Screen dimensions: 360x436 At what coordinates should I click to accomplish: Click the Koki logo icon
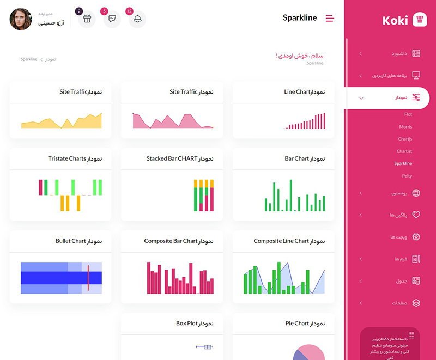click(420, 20)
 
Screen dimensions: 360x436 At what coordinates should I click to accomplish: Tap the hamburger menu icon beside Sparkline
click(330, 18)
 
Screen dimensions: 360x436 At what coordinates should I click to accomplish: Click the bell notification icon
click(137, 19)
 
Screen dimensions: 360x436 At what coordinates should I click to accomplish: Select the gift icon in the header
click(87, 19)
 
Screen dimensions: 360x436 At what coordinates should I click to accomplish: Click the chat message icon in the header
click(112, 19)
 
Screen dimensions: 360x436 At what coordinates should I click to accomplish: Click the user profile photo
click(21, 19)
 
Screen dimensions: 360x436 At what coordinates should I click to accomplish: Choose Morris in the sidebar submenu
click(405, 127)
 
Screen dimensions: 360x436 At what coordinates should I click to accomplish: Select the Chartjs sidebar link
click(405, 139)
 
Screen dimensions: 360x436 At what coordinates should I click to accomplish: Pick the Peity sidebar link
click(407, 176)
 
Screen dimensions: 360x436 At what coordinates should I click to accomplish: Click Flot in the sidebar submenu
click(408, 114)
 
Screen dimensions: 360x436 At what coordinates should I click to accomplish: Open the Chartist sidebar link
click(404, 151)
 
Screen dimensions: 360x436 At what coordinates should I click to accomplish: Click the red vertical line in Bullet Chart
click(88, 278)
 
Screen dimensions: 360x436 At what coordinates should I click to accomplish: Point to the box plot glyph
click(204, 346)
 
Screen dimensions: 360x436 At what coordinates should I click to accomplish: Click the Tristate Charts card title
click(75, 158)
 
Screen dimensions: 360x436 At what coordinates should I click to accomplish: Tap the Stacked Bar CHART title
click(179, 158)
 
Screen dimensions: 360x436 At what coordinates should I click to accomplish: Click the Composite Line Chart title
click(289, 241)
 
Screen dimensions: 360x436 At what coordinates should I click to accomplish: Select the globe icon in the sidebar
click(416, 193)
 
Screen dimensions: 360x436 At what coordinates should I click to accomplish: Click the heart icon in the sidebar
click(416, 215)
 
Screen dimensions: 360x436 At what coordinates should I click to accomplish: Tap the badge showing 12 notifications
click(129, 11)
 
